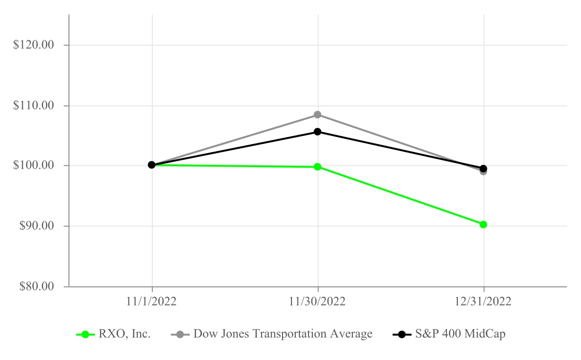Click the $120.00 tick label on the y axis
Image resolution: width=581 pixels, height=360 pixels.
coord(34,45)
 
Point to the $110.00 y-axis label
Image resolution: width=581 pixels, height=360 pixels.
coord(34,106)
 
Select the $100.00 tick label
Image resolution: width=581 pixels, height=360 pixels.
coord(34,166)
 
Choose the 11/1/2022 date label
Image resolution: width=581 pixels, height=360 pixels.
coord(152,302)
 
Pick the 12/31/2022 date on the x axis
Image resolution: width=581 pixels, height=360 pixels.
coord(484,302)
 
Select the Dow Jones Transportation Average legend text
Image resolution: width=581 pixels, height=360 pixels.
coord(283,334)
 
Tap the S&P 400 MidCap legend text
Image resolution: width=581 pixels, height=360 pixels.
coord(461,334)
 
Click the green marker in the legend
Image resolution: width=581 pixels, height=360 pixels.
coord(85,334)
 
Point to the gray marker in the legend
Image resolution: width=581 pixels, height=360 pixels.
coord(180,334)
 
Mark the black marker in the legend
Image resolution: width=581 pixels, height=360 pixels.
coord(402,334)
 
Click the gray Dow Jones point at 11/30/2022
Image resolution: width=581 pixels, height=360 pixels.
coord(318,115)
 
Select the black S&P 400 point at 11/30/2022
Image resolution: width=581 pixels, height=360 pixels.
coord(318,132)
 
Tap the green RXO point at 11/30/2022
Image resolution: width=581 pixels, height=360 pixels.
coord(318,167)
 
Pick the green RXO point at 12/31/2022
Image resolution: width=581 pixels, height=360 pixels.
coord(483,225)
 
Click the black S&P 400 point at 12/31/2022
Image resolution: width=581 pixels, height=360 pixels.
coord(483,168)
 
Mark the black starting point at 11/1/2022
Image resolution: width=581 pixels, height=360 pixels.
coord(152,165)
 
